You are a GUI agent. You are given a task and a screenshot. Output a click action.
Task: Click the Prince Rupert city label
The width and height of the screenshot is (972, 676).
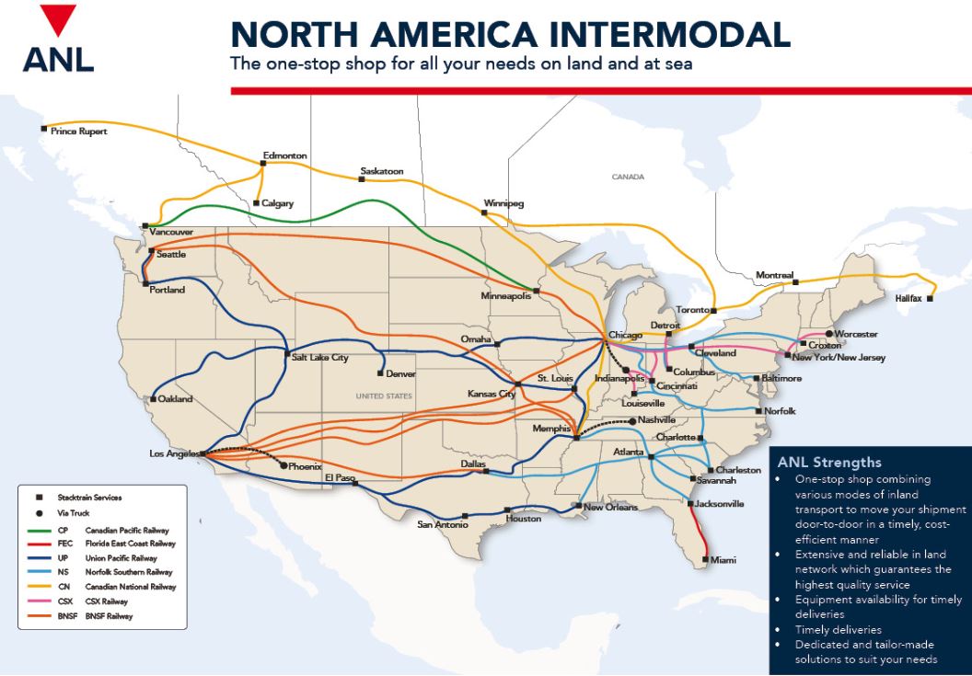78,132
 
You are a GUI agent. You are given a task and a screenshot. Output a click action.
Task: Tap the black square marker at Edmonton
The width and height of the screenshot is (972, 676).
263,164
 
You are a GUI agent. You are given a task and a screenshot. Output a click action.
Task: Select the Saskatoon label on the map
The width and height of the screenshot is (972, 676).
382,171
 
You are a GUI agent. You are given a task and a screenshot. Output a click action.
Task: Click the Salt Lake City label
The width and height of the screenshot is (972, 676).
320,357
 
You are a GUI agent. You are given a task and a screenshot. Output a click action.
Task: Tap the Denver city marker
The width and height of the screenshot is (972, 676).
379,373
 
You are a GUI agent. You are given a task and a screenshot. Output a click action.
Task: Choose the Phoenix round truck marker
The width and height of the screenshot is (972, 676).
283,465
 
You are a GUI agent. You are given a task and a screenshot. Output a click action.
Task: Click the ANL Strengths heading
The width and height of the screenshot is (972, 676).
829,463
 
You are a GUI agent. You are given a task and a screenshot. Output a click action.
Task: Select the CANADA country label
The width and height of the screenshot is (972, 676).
628,177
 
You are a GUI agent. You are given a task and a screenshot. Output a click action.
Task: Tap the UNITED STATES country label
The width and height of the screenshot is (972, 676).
386,396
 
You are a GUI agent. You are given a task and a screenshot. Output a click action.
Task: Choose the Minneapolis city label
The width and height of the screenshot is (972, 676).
505,297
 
